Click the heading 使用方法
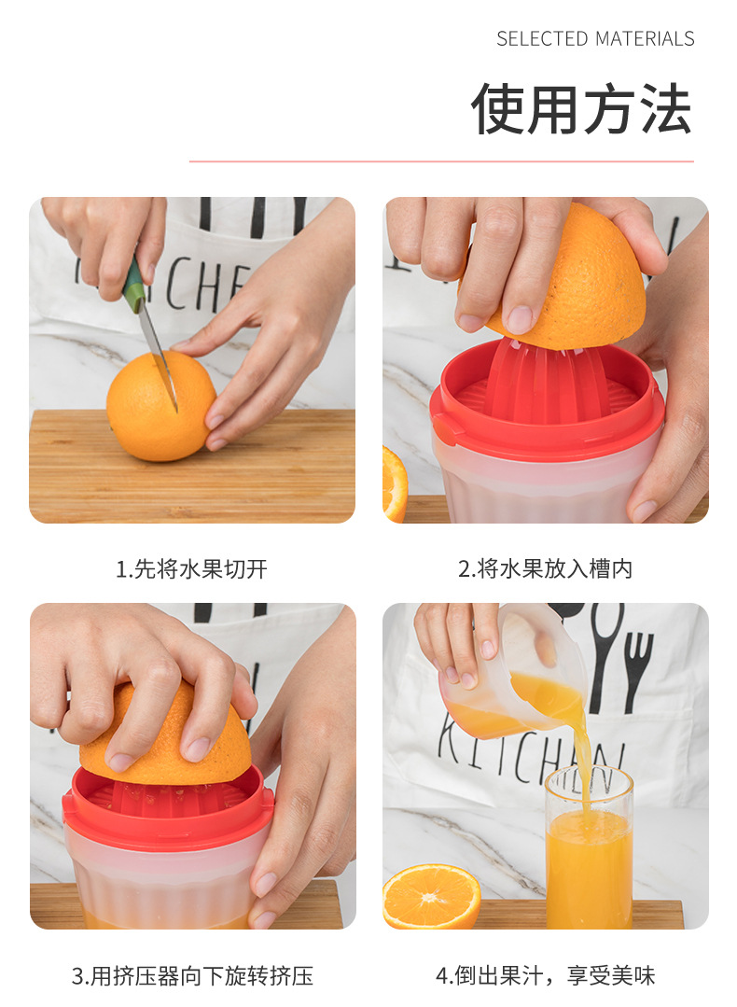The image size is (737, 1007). (x=581, y=109)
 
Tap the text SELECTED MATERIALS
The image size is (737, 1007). (x=595, y=39)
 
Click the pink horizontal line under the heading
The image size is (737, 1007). (x=441, y=161)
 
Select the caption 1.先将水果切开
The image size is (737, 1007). (x=191, y=568)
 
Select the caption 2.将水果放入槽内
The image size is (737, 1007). (x=545, y=568)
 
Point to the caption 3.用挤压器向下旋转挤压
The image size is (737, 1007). (x=191, y=976)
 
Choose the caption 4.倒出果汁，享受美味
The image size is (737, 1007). (x=545, y=976)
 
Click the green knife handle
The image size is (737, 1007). (x=134, y=284)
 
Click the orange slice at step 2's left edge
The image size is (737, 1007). (x=394, y=483)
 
